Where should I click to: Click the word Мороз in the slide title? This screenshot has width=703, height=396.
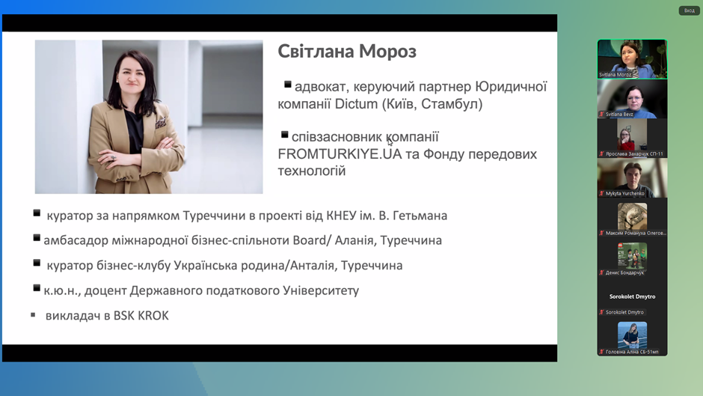pos(387,52)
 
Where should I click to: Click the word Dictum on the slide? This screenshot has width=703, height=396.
pos(357,104)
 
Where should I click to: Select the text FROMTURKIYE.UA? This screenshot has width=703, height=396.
pos(340,154)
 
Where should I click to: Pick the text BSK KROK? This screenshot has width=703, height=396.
pos(141,316)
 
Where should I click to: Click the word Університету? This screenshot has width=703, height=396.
pos(321,291)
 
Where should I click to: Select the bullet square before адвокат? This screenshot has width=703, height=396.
pos(288,84)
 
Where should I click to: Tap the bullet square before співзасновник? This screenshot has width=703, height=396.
pos(285,134)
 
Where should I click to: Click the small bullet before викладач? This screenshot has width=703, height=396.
pos(33,314)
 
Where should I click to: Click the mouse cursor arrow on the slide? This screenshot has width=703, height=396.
pos(390,141)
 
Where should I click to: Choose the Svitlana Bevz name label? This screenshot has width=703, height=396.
pos(619,114)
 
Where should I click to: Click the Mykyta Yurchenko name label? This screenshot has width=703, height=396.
pos(624,194)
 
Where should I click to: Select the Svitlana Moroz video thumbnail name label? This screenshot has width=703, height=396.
pos(615,75)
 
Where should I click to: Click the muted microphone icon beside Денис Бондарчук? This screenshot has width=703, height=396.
pos(602,272)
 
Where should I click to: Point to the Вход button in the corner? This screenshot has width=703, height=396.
pos(689,10)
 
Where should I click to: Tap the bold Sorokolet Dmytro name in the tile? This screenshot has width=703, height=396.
pos(632,296)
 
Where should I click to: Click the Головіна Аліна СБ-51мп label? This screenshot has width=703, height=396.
pos(632,352)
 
